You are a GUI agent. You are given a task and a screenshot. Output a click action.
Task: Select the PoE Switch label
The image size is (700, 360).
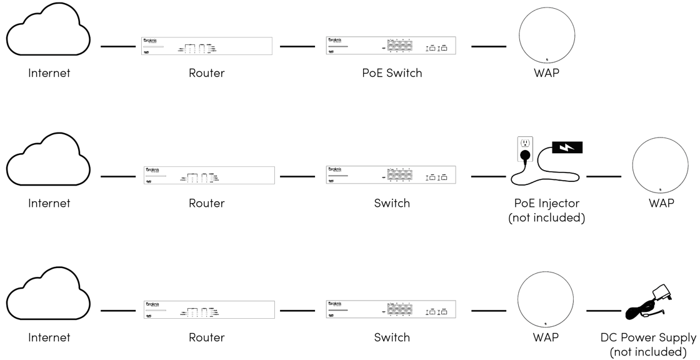click(x=392, y=73)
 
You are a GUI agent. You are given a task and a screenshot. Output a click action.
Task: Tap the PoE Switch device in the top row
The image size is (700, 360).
click(x=391, y=46)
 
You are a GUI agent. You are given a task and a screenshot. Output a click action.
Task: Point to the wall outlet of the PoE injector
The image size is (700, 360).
click(x=525, y=148)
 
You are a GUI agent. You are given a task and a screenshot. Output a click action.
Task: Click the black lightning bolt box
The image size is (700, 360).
click(x=567, y=147)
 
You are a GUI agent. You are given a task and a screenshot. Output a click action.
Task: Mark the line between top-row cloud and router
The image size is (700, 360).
click(x=118, y=46)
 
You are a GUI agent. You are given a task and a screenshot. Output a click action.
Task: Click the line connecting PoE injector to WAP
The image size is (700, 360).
click(x=603, y=176)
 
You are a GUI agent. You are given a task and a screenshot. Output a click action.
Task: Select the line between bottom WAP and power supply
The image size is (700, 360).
click(x=603, y=311)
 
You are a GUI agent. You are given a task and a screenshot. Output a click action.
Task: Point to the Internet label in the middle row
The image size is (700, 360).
click(x=49, y=203)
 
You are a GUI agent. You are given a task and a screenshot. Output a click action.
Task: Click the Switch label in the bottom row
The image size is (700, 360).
click(x=392, y=337)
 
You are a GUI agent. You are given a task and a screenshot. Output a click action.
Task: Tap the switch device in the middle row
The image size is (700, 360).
click(x=391, y=175)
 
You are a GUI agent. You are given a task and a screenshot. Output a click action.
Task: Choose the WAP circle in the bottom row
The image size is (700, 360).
click(x=546, y=300)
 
